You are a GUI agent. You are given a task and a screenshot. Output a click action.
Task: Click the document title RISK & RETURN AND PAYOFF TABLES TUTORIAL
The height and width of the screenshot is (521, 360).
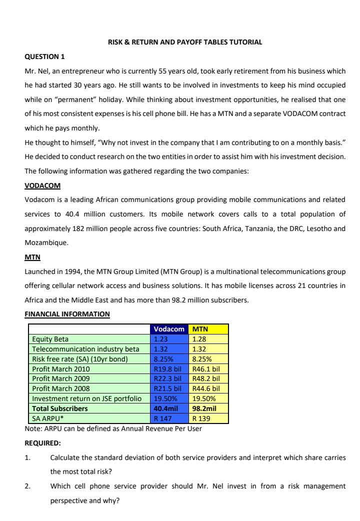coord(185,42)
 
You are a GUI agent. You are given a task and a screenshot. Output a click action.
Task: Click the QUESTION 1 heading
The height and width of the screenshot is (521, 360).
coord(44,56)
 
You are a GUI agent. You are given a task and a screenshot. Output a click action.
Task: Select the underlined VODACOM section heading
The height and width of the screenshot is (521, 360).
coord(42,186)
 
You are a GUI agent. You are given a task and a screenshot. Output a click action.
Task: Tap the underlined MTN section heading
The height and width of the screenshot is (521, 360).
coord(32,257)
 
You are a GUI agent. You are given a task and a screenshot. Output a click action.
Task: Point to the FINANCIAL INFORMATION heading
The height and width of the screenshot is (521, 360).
coord(67,314)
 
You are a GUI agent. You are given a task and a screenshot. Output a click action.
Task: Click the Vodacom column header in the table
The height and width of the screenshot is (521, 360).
coord(169,329)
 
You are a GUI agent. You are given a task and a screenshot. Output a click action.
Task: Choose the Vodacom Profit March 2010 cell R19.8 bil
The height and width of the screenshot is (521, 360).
coord(169,369)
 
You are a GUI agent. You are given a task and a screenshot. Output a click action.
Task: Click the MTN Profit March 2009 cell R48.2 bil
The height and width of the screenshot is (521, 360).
coord(208,379)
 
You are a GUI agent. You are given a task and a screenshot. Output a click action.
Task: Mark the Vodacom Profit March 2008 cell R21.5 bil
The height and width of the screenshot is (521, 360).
coord(169,388)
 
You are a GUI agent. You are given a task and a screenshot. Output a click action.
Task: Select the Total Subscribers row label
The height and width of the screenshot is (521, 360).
coord(59,408)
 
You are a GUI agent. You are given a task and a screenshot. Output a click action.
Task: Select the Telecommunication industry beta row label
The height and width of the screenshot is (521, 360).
coord(85,349)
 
